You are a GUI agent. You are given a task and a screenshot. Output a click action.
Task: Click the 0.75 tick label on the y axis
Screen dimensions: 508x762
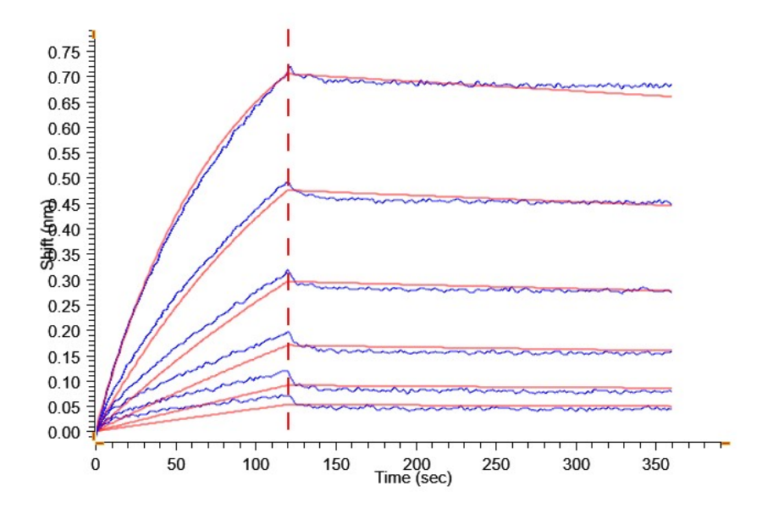(65, 52)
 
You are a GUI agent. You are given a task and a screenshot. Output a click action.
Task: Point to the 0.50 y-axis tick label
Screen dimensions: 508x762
(65, 179)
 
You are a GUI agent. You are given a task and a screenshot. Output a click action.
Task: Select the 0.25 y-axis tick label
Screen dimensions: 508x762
(65, 306)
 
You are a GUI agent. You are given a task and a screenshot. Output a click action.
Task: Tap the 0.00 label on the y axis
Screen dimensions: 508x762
(65, 433)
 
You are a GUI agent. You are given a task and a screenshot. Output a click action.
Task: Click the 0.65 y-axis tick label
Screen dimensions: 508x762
(65, 103)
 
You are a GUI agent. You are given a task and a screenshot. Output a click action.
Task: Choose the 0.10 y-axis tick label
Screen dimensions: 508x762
(65, 383)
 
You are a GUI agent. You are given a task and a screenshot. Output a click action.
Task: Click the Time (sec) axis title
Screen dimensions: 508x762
(413, 478)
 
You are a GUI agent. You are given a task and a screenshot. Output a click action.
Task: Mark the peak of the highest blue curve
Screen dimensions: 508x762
(289, 65)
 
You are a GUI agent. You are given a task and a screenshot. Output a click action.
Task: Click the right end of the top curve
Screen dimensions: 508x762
(671, 85)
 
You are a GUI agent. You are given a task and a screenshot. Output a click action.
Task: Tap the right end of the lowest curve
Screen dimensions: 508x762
(671, 408)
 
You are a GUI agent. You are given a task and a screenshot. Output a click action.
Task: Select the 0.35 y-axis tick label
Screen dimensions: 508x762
(65, 256)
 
